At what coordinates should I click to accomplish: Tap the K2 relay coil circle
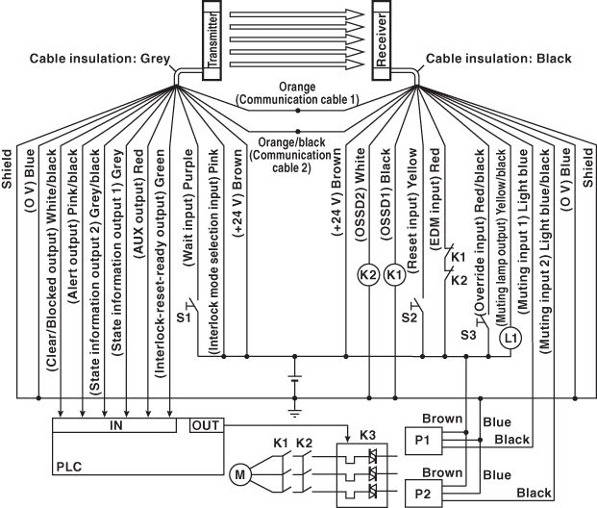tap(367, 273)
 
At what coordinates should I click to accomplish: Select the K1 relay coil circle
tap(392, 273)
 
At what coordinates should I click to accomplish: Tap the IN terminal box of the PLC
tap(115, 424)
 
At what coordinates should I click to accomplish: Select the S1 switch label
tap(185, 316)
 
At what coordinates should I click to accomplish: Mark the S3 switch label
tap(468, 335)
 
